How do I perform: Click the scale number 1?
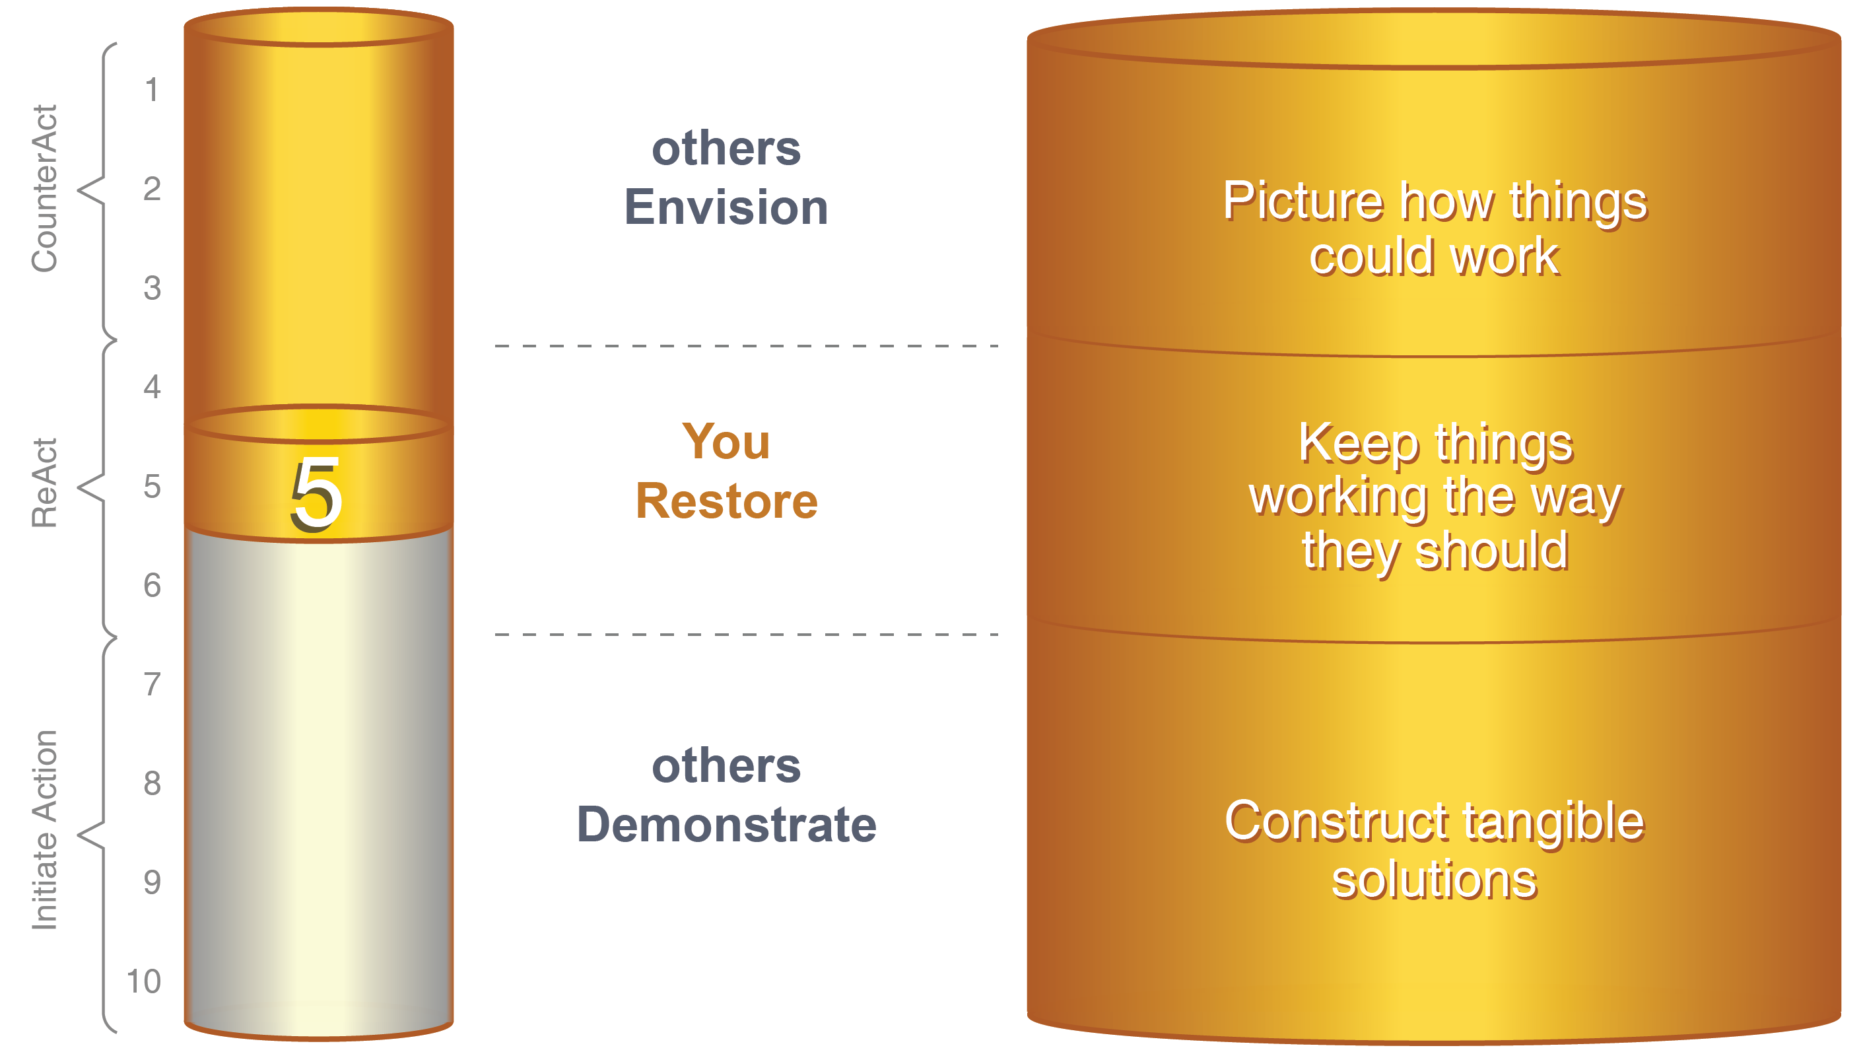(x=151, y=90)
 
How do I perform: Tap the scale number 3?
(x=152, y=288)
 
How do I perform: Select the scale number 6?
(x=152, y=585)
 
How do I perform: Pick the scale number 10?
(x=143, y=982)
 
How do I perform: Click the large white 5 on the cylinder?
(x=316, y=495)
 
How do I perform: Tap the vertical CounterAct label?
(x=45, y=189)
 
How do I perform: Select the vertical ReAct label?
(x=45, y=483)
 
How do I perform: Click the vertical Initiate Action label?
(x=45, y=830)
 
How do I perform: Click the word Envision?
(x=726, y=207)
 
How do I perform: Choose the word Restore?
(x=727, y=501)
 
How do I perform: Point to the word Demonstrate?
(x=727, y=825)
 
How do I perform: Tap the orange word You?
(x=726, y=442)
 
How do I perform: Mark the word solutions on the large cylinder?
(x=1434, y=880)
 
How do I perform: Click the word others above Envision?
(x=726, y=149)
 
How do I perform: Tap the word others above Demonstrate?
(x=726, y=766)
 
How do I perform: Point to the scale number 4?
(x=152, y=387)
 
